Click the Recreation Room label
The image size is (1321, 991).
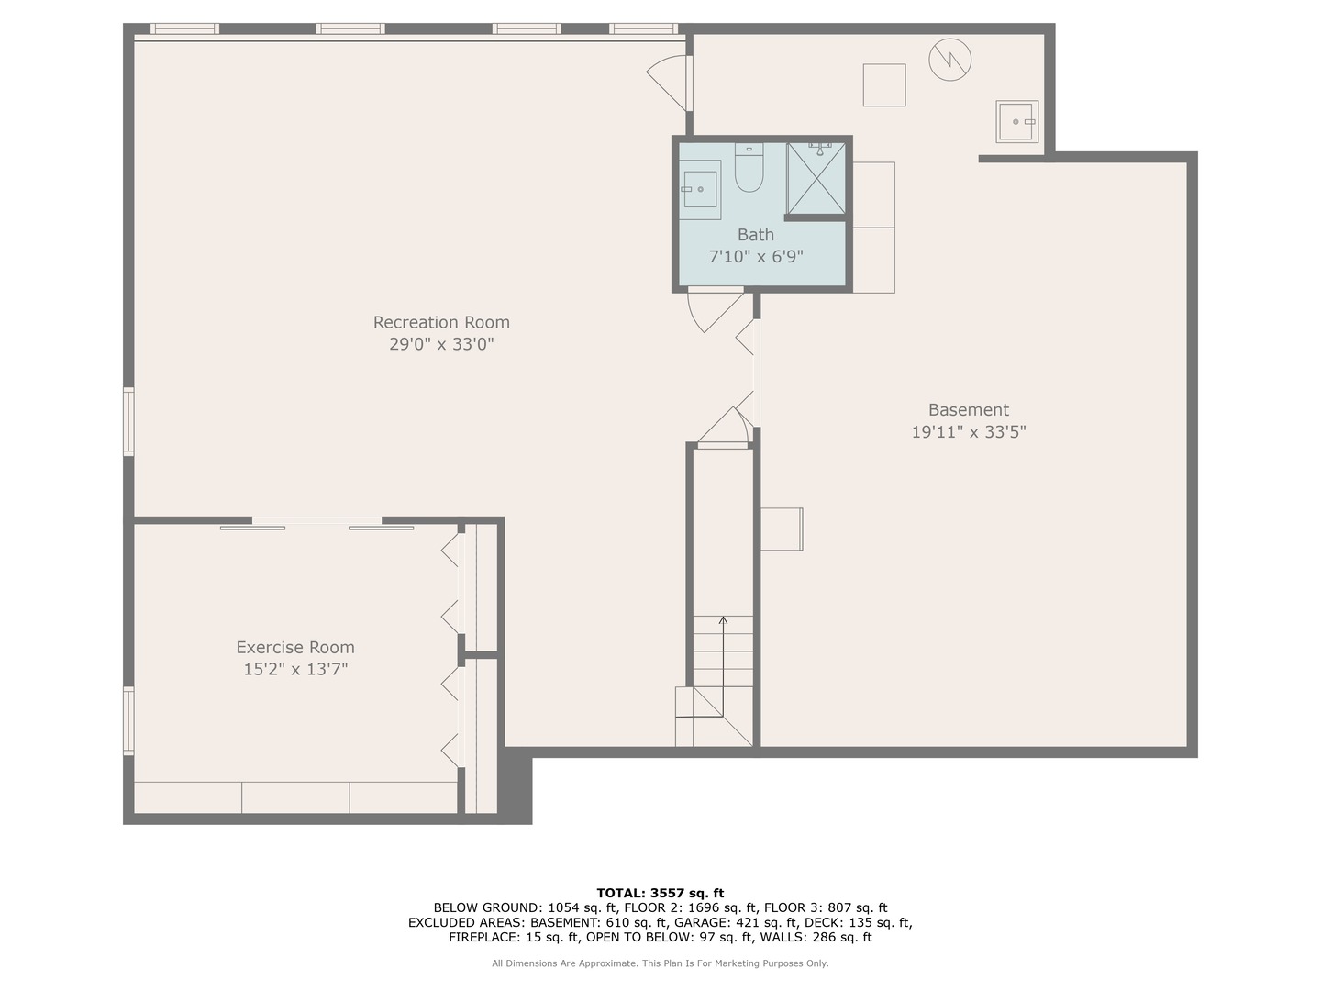point(441,322)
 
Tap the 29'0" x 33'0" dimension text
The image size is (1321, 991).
point(441,344)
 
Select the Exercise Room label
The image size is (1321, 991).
point(295,647)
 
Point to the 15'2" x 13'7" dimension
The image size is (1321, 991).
point(295,669)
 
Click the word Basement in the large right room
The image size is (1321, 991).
point(968,410)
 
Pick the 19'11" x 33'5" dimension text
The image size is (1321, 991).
point(968,432)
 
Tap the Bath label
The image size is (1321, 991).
point(756,235)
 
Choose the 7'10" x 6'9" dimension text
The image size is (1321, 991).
point(756,257)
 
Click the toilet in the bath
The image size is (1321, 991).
point(749,169)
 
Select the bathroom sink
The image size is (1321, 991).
point(701,189)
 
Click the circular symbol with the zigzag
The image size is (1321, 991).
point(949,60)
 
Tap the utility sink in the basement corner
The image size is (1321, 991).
point(1017,121)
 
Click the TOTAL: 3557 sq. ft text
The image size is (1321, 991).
point(660,893)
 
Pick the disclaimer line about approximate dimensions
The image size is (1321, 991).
point(660,963)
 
